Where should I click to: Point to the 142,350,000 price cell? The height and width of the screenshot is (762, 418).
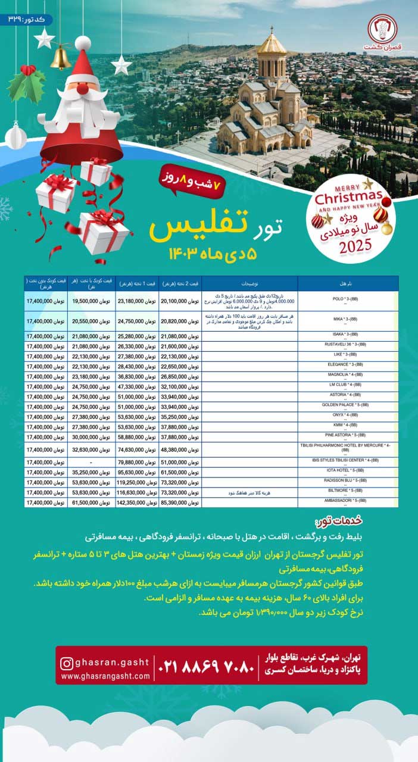137,502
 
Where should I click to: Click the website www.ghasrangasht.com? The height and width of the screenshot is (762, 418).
105,677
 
